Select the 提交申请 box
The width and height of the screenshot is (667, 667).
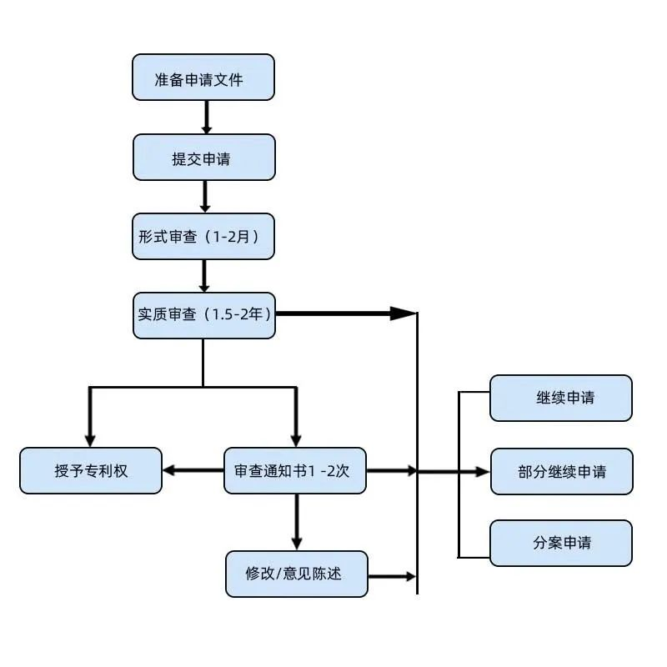[203, 157]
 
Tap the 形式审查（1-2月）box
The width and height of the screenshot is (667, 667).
[203, 236]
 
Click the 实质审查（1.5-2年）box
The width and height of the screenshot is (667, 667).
[203, 315]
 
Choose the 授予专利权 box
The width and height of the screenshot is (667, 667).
[91, 470]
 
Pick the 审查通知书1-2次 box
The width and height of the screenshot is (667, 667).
[295, 470]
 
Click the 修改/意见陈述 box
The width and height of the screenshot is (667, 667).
[296, 574]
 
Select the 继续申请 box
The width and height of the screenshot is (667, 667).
[560, 398]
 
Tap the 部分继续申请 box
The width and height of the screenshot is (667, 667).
[560, 471]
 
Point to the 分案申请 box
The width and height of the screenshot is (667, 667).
[560, 543]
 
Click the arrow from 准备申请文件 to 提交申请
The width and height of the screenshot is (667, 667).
[206, 117]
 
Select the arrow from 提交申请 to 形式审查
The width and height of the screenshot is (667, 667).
[205, 196]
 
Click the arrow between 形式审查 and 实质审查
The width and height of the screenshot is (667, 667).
[205, 275]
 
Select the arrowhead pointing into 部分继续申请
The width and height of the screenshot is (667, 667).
[483, 471]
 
